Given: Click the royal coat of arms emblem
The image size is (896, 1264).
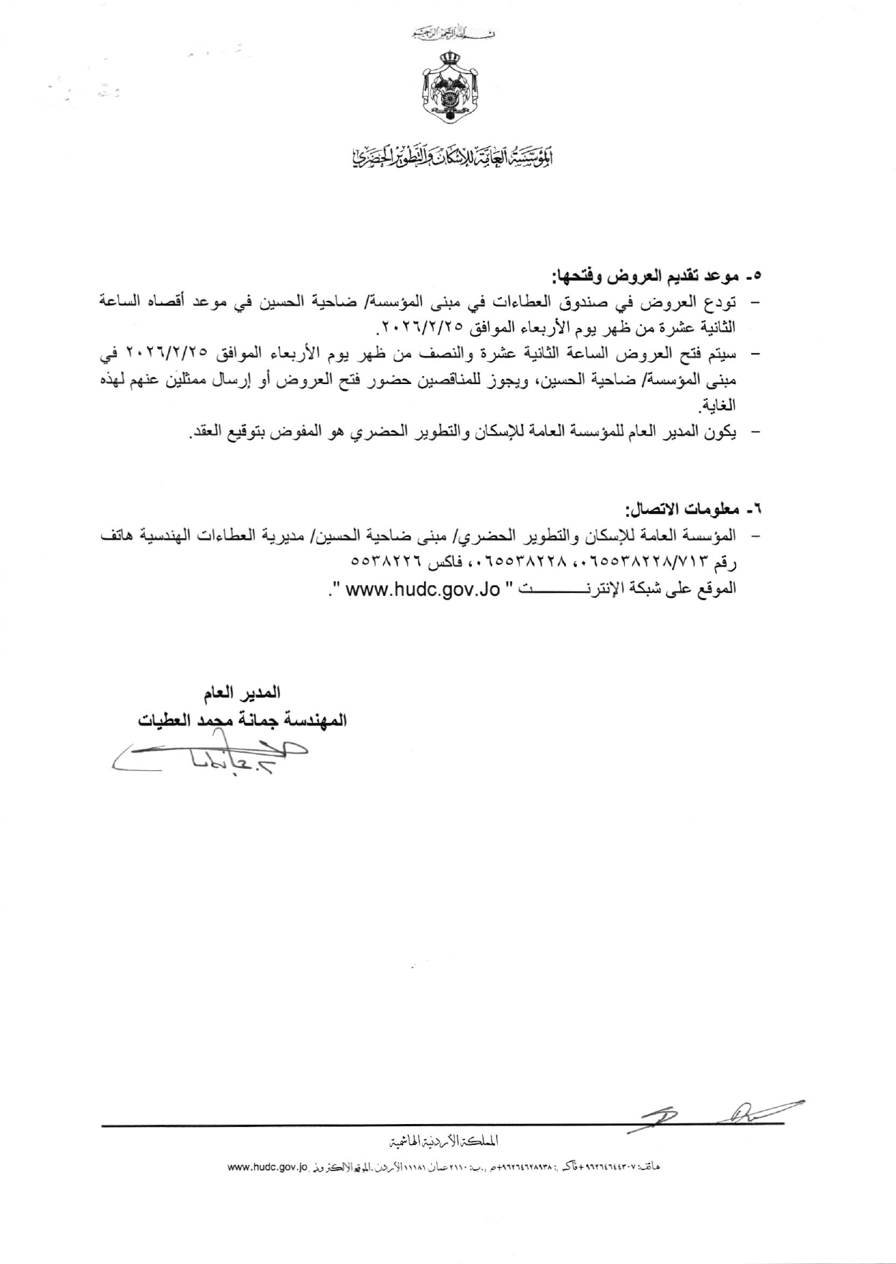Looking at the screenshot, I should click(x=448, y=85).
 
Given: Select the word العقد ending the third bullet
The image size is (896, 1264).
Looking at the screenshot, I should click(x=204, y=433).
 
